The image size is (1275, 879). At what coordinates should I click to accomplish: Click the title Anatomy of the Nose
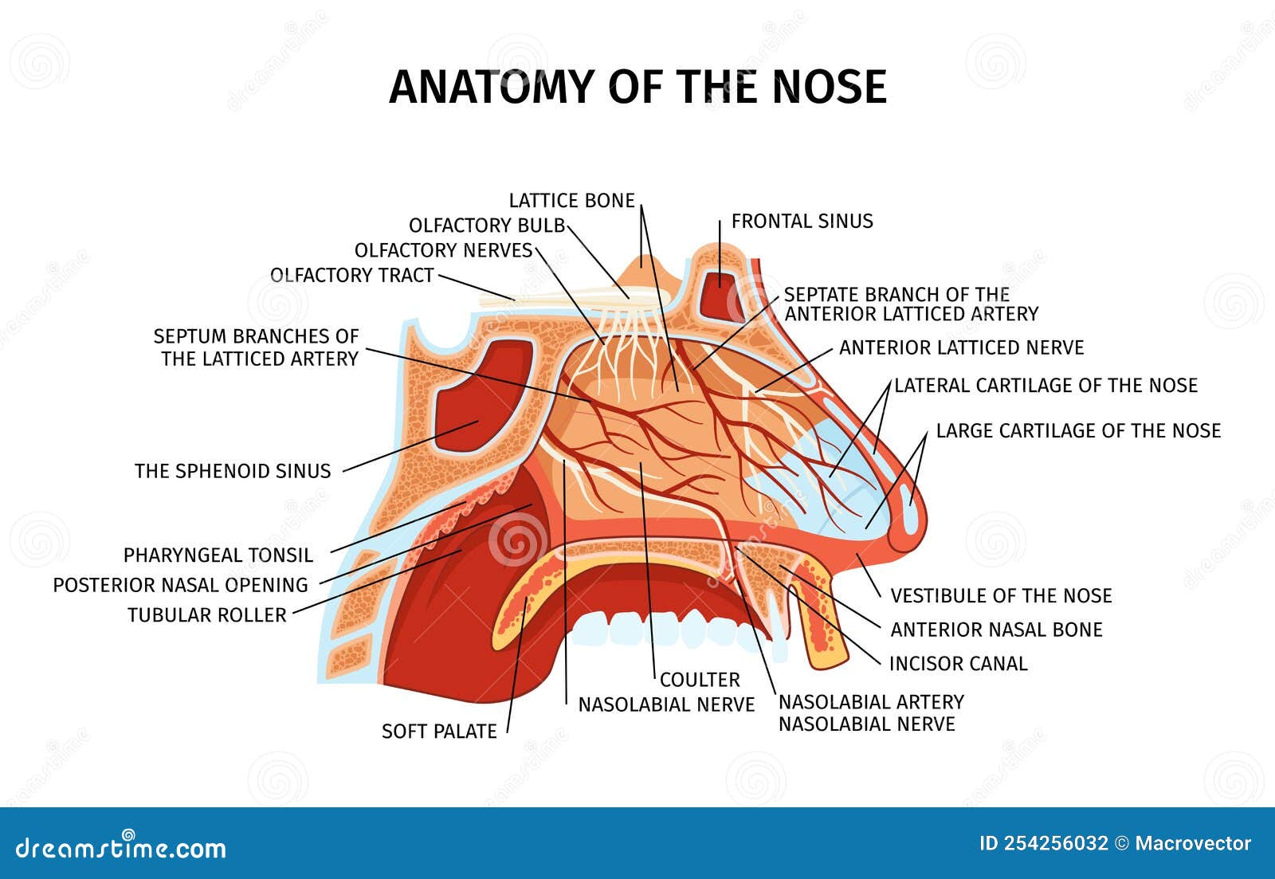[x=637, y=87]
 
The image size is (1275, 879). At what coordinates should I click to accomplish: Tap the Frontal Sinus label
[x=802, y=221]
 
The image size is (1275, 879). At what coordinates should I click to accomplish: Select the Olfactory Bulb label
[x=487, y=226]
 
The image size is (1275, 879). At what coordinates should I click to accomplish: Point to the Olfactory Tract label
[x=351, y=275]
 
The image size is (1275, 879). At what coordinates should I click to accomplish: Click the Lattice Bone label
[x=571, y=200]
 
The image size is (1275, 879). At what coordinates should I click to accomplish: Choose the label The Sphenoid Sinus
[x=232, y=471]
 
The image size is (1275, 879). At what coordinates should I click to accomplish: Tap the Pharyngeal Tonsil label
[x=218, y=555]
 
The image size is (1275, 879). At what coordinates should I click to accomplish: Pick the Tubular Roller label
[x=206, y=615]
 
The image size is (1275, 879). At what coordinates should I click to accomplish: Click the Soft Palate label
[x=439, y=731]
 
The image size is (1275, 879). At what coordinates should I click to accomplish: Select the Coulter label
[x=700, y=680]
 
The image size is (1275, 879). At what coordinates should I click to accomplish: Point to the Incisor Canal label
[x=958, y=663]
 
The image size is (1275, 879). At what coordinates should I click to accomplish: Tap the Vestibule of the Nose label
[x=1001, y=595]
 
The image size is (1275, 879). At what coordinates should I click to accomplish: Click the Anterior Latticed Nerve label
[x=961, y=347]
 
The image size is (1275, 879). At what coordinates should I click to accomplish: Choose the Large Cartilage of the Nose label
[x=1078, y=430]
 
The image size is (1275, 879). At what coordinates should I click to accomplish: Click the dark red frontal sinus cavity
[x=721, y=296]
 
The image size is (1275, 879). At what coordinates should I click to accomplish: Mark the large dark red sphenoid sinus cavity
[x=483, y=396]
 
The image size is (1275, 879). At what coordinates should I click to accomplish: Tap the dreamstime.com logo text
[x=120, y=846]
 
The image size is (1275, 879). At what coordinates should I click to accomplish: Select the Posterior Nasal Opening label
[x=180, y=585]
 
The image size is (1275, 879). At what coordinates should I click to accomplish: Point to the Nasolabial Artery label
[x=871, y=702]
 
